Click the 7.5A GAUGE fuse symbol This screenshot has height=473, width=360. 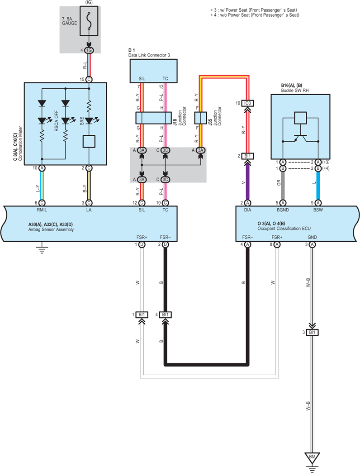click(89, 21)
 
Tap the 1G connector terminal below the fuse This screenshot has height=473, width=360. click(89, 50)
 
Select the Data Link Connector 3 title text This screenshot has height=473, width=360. click(149, 55)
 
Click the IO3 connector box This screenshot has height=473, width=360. click(247, 103)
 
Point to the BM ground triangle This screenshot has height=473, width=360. click(312, 457)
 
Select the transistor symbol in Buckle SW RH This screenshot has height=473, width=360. click(300, 138)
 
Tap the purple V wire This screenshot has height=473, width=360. click(247, 181)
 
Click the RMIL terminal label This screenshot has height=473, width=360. click(42, 210)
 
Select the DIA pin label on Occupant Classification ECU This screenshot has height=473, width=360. click(247, 210)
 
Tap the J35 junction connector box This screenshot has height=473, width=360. click(200, 118)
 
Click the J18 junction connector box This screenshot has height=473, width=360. click(154, 118)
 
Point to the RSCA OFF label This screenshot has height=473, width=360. click(57, 121)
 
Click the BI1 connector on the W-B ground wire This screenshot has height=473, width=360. click(312, 332)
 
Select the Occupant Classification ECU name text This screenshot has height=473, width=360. click(284, 229)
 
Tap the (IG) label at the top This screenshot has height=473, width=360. click(89, 2)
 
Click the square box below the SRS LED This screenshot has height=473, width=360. click(89, 142)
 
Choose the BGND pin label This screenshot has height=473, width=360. click(283, 210)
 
